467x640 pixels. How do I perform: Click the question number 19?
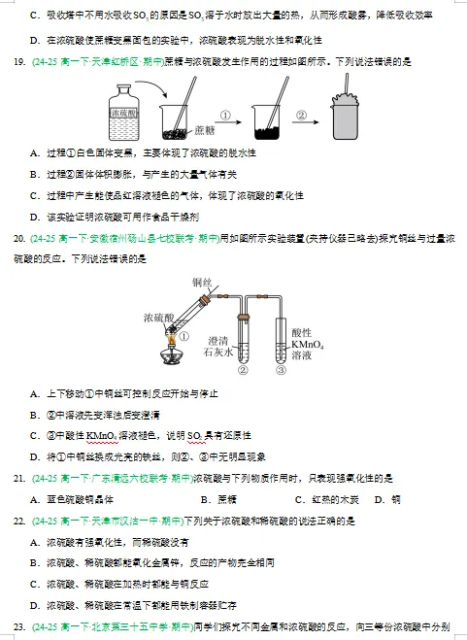pos(17,62)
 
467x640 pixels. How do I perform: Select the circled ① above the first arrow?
pos(225,114)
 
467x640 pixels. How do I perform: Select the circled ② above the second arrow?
pos(302,114)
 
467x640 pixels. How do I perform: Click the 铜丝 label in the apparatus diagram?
pos(202,283)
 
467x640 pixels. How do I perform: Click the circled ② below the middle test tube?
pos(244,370)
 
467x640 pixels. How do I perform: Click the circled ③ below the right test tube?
pos(280,370)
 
